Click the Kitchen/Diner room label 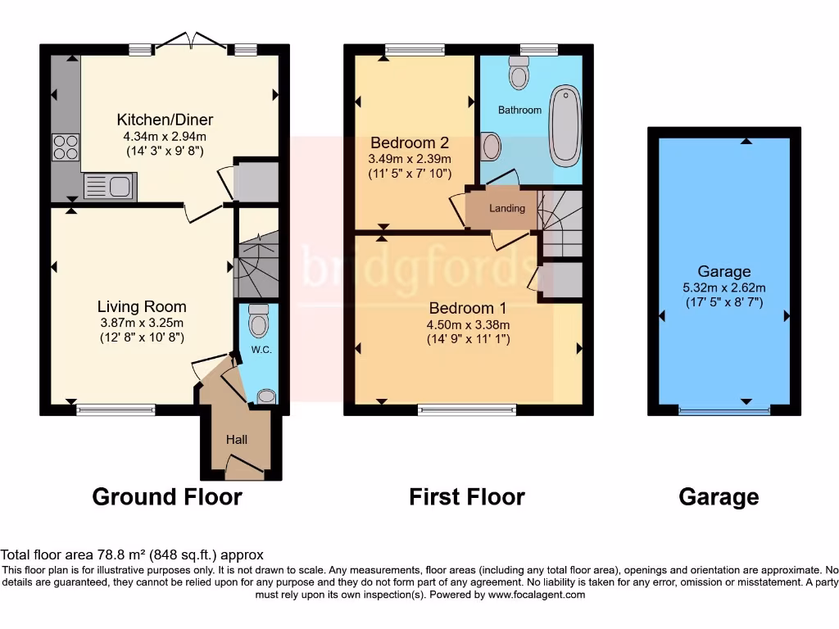(165, 120)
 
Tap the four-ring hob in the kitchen (66, 147)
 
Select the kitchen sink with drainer (109, 186)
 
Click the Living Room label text (142, 306)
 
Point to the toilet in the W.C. (258, 321)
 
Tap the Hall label (237, 440)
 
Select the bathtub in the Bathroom (565, 126)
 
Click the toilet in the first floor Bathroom (518, 73)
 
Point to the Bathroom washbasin (491, 147)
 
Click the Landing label (506, 208)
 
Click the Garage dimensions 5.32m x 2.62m (724, 287)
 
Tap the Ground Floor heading (167, 496)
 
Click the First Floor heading (467, 496)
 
